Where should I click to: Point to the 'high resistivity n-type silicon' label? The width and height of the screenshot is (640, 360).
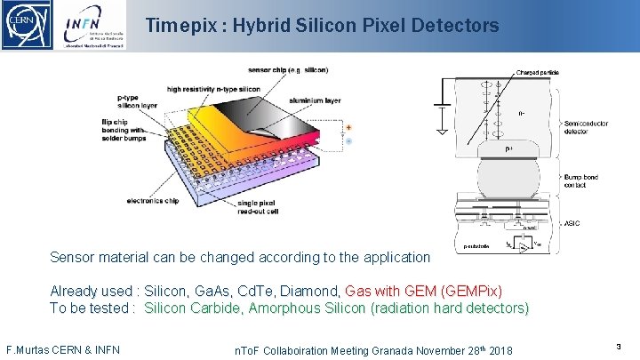(225, 89)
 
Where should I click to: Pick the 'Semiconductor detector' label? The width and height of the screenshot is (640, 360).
(586, 128)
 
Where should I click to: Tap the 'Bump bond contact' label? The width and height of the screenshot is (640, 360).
(581, 182)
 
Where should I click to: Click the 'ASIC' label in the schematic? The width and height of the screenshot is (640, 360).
(572, 223)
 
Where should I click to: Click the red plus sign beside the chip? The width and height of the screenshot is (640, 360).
(348, 127)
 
